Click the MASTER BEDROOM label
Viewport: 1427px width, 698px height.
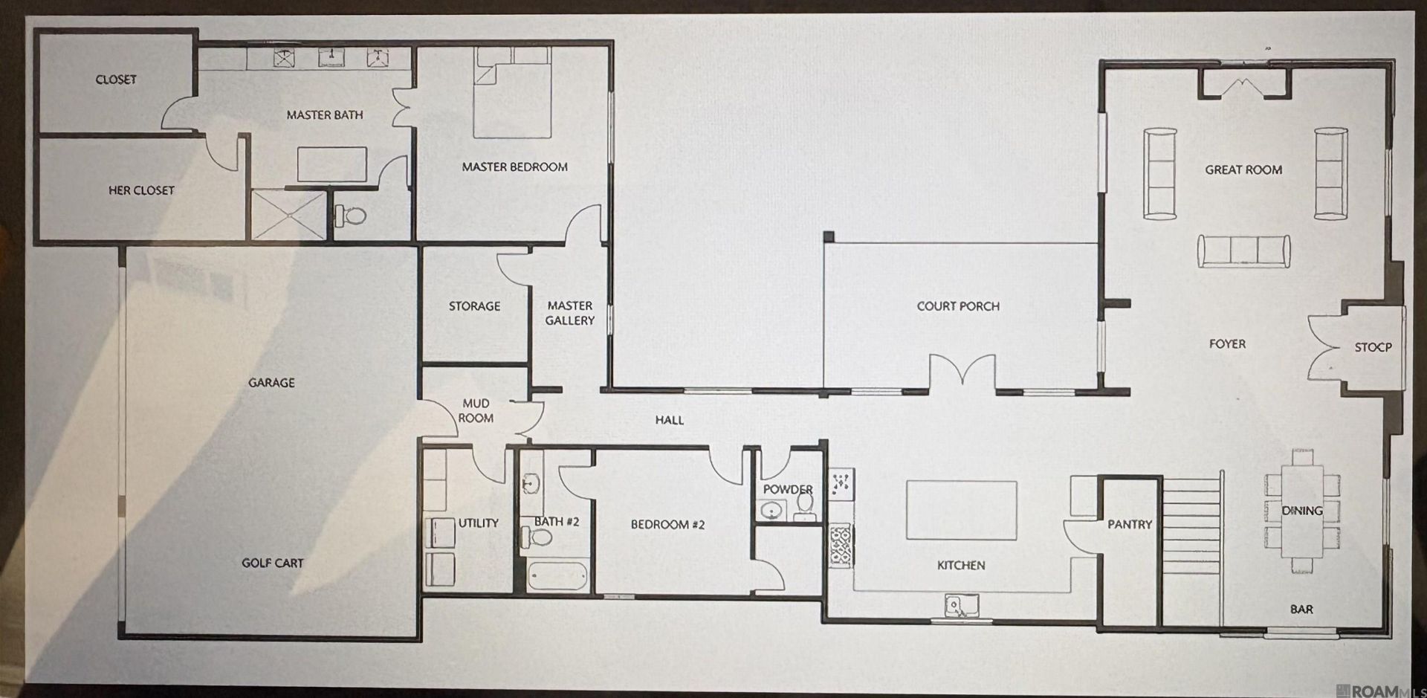tap(514, 167)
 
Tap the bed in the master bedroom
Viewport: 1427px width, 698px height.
tap(513, 93)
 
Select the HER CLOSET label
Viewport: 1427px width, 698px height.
tap(141, 190)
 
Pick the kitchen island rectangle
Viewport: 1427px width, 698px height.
tap(961, 510)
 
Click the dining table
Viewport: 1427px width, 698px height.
tap(1302, 511)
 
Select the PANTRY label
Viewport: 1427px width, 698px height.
tap(1130, 524)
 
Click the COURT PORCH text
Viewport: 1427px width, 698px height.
tap(958, 306)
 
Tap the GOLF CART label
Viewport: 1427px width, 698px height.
tap(272, 563)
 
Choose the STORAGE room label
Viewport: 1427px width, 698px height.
tap(474, 306)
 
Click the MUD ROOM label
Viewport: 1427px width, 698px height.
tap(476, 410)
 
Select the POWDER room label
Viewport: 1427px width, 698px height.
tap(788, 489)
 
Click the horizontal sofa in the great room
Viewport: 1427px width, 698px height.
tap(1243, 251)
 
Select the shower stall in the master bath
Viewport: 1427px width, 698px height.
tap(289, 215)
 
